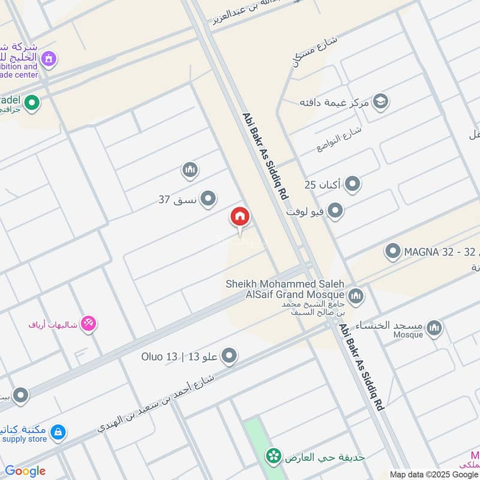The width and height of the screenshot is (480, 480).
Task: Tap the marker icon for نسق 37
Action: pos(208,199)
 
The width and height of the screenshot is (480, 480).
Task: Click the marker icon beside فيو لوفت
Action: pos(335,211)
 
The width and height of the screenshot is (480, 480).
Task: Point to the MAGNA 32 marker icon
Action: pos(393,251)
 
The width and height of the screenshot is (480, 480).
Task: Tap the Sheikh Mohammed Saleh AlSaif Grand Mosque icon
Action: pos(356,295)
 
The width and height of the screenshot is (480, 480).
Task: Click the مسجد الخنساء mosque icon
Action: pos(434,328)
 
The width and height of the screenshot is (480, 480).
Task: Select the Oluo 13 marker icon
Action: pos(229,358)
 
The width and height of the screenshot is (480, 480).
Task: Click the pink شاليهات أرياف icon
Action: pos(89,324)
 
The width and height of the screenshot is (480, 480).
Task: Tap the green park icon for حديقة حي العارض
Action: pos(275,457)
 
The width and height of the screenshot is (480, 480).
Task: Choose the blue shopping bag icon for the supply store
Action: pos(58,432)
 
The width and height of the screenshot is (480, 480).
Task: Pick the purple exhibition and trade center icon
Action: pos(50,59)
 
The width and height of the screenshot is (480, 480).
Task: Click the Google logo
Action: pos(25,471)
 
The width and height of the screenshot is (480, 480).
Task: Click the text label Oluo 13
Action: pos(160,358)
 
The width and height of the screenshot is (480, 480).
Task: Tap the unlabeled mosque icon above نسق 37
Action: pos(190,170)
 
